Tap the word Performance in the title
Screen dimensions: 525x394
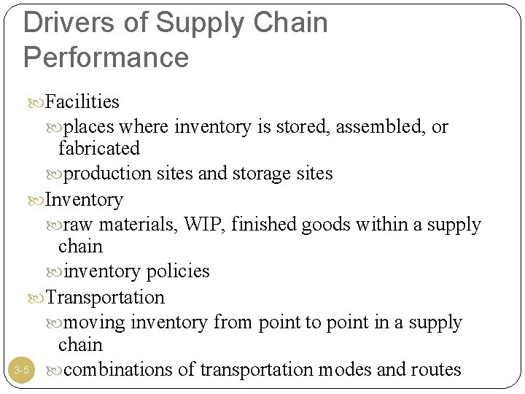(106, 56)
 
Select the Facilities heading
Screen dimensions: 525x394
(82, 101)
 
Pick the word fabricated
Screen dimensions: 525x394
(98, 149)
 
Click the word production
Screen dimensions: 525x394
(106, 174)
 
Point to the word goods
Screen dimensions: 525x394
(324, 223)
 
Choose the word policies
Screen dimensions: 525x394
(178, 271)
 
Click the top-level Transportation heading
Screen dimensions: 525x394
(105, 297)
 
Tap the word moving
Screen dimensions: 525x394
(93, 322)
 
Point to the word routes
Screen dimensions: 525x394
(436, 370)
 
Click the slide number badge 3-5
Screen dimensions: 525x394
(21, 371)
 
